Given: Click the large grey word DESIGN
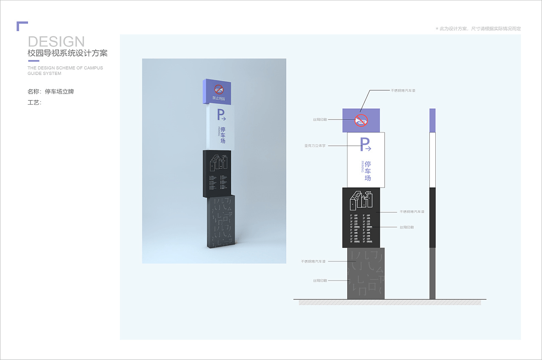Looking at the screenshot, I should [x=56, y=42].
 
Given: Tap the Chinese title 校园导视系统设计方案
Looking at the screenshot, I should [x=67, y=54].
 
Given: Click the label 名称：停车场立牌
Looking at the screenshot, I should [x=51, y=91].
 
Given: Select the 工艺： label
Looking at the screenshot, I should [x=34, y=102].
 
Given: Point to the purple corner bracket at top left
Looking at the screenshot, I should [x=22, y=25].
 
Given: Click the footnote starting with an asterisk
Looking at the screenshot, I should [x=478, y=29].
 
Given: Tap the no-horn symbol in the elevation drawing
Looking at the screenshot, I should [x=361, y=120].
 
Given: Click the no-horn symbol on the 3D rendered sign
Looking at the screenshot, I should [x=218, y=89].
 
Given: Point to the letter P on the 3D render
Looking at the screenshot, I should [x=220, y=114].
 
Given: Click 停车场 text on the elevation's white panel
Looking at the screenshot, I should [x=368, y=171].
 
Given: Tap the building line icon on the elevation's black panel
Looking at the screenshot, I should [x=361, y=200].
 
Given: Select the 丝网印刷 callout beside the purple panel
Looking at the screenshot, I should [x=320, y=120].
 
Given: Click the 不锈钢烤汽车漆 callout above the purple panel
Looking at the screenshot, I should [x=403, y=91].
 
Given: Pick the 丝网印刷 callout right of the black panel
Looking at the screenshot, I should [x=406, y=227].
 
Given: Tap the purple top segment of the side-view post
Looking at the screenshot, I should [x=432, y=120].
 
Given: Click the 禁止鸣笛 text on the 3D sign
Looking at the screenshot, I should [x=218, y=99].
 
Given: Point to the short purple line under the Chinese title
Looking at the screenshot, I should [x=33, y=61].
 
